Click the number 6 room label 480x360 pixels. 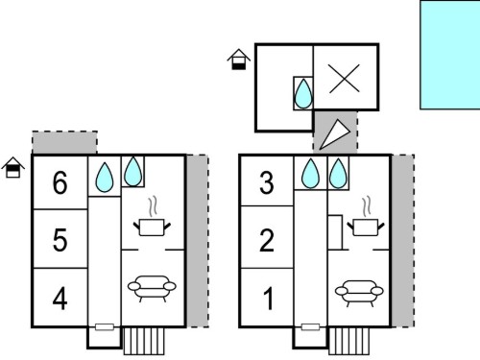click(60, 182)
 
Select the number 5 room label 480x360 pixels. click(60, 239)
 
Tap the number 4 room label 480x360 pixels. click(60, 299)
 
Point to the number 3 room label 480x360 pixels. click(267, 182)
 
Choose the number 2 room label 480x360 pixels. click(267, 239)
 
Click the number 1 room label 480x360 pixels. click(268, 299)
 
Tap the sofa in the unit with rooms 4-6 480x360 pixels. click(152, 288)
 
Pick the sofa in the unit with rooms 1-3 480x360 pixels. click(359, 293)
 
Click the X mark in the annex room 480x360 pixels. click(345, 79)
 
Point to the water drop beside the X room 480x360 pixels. click(303, 94)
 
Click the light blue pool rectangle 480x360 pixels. click(450, 55)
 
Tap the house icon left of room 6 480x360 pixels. click(13, 167)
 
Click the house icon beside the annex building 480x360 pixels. click(239, 60)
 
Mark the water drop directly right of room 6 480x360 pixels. click(105, 178)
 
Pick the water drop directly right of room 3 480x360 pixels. click(310, 174)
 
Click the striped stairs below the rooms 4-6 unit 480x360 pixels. click(144, 341)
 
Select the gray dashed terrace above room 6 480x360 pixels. click(64, 143)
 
